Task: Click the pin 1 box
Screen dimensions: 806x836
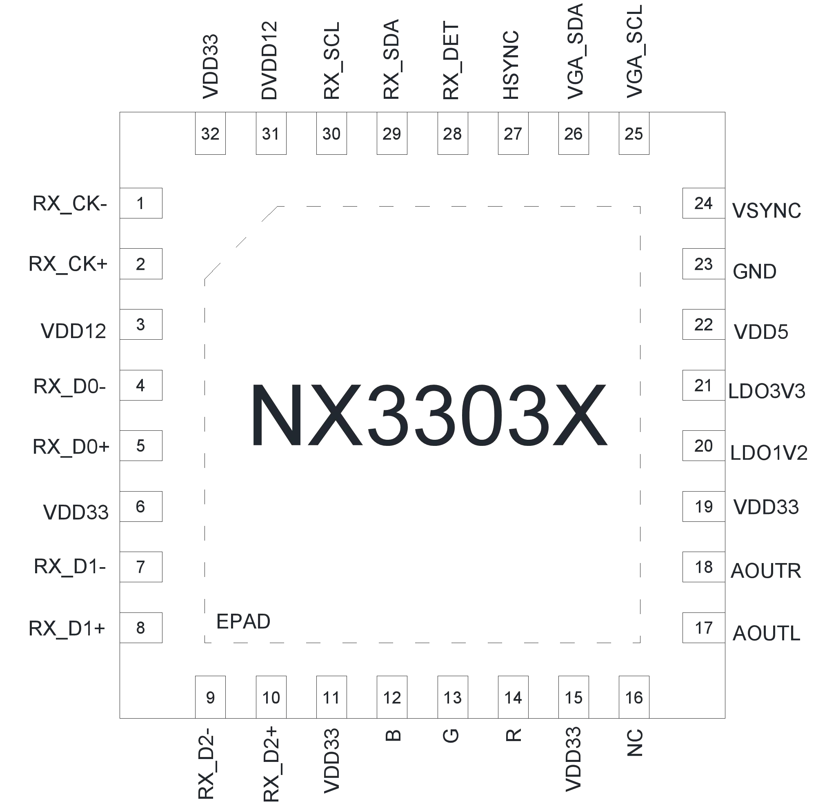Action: pyautogui.click(x=141, y=203)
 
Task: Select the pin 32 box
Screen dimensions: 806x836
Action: pyautogui.click(x=210, y=133)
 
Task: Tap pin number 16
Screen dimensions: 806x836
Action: pyautogui.click(x=634, y=698)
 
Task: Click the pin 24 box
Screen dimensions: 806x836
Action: pyautogui.click(x=703, y=203)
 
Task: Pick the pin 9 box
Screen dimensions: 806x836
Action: pyautogui.click(x=210, y=698)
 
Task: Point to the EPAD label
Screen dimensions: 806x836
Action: pyautogui.click(x=243, y=622)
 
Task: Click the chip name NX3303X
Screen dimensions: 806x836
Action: pyautogui.click(x=428, y=416)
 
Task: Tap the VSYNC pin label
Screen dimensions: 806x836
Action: pyautogui.click(x=767, y=211)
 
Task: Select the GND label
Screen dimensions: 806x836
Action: pyautogui.click(x=754, y=272)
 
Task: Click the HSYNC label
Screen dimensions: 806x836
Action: pyautogui.click(x=511, y=65)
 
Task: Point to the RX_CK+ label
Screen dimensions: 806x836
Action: pyautogui.click(x=68, y=264)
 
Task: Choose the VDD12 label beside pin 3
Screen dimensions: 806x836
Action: pyautogui.click(x=73, y=332)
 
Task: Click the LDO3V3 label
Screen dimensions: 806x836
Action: pyautogui.click(x=767, y=391)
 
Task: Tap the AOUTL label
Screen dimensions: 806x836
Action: pyautogui.click(x=766, y=633)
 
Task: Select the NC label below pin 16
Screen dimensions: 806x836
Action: pyautogui.click(x=635, y=743)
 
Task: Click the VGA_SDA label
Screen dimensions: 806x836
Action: pyautogui.click(x=574, y=51)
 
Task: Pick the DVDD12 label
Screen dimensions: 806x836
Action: pyautogui.click(x=269, y=60)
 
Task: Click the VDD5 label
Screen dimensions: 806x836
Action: pyautogui.click(x=761, y=332)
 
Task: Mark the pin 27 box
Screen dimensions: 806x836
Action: pyautogui.click(x=513, y=133)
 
